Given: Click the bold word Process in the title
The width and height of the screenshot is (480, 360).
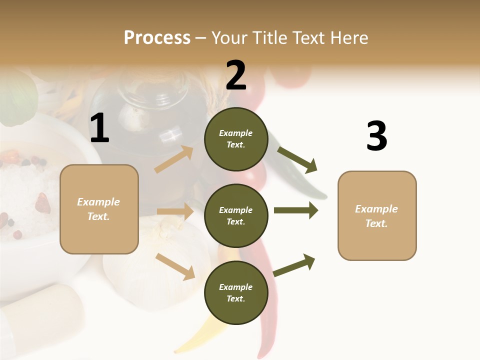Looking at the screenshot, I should pos(157,37).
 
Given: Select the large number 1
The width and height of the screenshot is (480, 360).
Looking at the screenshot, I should pos(99,129).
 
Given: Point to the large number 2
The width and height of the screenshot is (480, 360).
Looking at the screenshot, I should pos(236,75).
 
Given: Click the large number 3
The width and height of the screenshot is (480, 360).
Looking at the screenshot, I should pos(376,136).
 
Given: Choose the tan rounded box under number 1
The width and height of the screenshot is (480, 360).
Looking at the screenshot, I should pos(99,209).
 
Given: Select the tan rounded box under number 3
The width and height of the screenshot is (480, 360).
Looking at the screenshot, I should pos(377,215).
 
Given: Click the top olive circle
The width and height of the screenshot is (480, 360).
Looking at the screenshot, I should pos(236,139).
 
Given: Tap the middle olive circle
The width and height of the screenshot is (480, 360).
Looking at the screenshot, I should pos(236,215).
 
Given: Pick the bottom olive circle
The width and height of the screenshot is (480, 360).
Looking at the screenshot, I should pos(236,292).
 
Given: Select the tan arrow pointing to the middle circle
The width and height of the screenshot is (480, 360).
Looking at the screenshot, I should pos(175,211).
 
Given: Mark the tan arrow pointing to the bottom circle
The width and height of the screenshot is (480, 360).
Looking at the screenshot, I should pos(175,266).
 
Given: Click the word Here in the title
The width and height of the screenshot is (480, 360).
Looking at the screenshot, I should pos(348,37).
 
